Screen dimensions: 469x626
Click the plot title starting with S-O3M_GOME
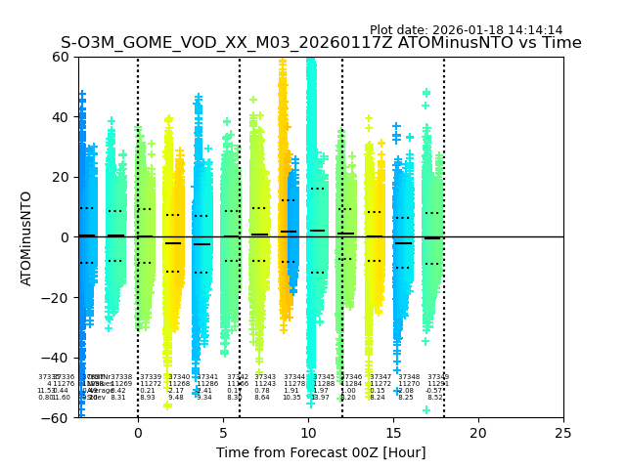pyautogui.click(x=321, y=43)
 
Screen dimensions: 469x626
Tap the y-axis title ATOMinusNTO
pyautogui.click(x=26, y=237)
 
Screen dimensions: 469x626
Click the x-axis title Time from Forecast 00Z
pyautogui.click(x=321, y=452)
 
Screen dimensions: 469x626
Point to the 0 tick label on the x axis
pyautogui.click(x=138, y=433)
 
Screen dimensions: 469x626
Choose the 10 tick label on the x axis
pyautogui.click(x=308, y=433)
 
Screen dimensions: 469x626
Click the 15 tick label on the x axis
pyautogui.click(x=393, y=433)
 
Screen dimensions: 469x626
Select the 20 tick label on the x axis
pyautogui.click(x=478, y=433)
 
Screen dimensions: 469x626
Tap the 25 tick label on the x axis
pyautogui.click(x=563, y=433)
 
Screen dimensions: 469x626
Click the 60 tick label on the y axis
pyautogui.click(x=62, y=57)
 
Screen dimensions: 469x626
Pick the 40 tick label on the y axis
pyautogui.click(x=62, y=117)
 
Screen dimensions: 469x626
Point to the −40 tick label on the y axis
pyautogui.click(x=58, y=358)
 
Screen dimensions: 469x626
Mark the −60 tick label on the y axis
pyautogui.click(x=58, y=418)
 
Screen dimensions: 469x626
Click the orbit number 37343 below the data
pyautogui.click(x=265, y=377)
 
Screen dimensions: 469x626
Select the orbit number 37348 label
pyautogui.click(x=409, y=377)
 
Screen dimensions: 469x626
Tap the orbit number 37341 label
pyautogui.click(x=207, y=377)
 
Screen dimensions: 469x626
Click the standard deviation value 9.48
pyautogui.click(x=176, y=398)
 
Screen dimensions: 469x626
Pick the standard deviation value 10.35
pyautogui.click(x=291, y=398)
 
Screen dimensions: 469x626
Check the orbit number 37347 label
pyautogui.click(x=380, y=377)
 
